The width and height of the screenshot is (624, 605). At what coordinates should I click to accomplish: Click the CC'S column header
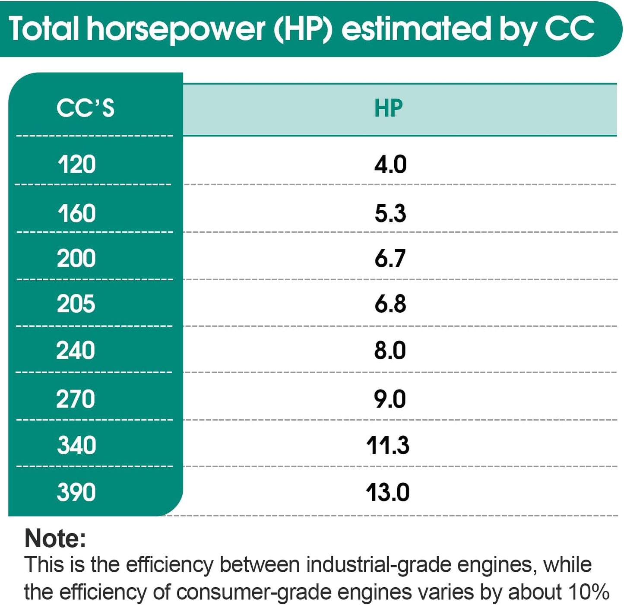[x=86, y=108]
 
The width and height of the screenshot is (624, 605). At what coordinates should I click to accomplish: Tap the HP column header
[x=388, y=108]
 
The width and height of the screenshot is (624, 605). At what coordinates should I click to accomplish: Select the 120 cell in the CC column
[x=76, y=164]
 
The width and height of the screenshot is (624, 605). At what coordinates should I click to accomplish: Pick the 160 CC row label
[x=76, y=213]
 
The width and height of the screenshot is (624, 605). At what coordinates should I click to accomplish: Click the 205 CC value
[x=76, y=303]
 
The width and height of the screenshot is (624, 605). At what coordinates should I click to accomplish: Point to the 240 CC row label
[x=76, y=350]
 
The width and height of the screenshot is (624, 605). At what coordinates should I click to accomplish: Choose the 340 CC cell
[x=76, y=445]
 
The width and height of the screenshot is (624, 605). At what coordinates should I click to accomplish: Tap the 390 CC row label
[x=76, y=492]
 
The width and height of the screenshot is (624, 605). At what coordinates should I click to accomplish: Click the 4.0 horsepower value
[x=390, y=164]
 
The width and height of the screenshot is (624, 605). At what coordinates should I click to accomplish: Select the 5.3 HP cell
[x=390, y=213]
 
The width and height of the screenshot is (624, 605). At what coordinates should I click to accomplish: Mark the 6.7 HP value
[x=390, y=258]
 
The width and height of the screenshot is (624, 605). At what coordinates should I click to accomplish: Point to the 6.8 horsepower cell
[x=390, y=303]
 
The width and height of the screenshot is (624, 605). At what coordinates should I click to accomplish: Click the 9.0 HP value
[x=390, y=399]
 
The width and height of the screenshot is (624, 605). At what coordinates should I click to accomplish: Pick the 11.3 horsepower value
[x=388, y=445]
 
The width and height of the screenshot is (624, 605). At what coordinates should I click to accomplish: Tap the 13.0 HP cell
[x=388, y=492]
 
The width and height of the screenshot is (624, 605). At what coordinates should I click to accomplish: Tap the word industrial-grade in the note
[x=378, y=566]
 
